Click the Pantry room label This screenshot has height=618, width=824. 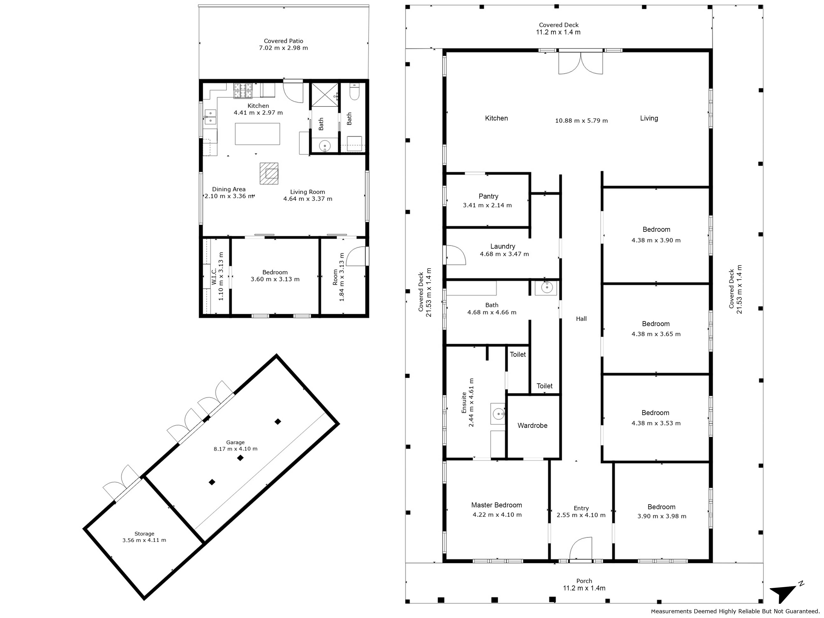488,196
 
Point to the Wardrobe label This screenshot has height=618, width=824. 532,425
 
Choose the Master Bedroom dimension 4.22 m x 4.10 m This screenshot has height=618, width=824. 497,515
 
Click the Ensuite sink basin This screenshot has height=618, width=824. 498,413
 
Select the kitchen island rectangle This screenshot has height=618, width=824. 257,134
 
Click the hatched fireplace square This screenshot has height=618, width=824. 269,174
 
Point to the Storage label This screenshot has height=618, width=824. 145,534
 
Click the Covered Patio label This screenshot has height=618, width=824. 283,41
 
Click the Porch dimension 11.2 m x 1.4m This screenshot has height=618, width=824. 584,588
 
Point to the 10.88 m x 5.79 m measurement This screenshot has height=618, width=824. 582,121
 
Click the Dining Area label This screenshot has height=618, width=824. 229,189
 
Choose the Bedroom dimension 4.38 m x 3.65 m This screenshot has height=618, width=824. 656,334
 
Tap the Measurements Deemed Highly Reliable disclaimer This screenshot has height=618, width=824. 735,611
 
